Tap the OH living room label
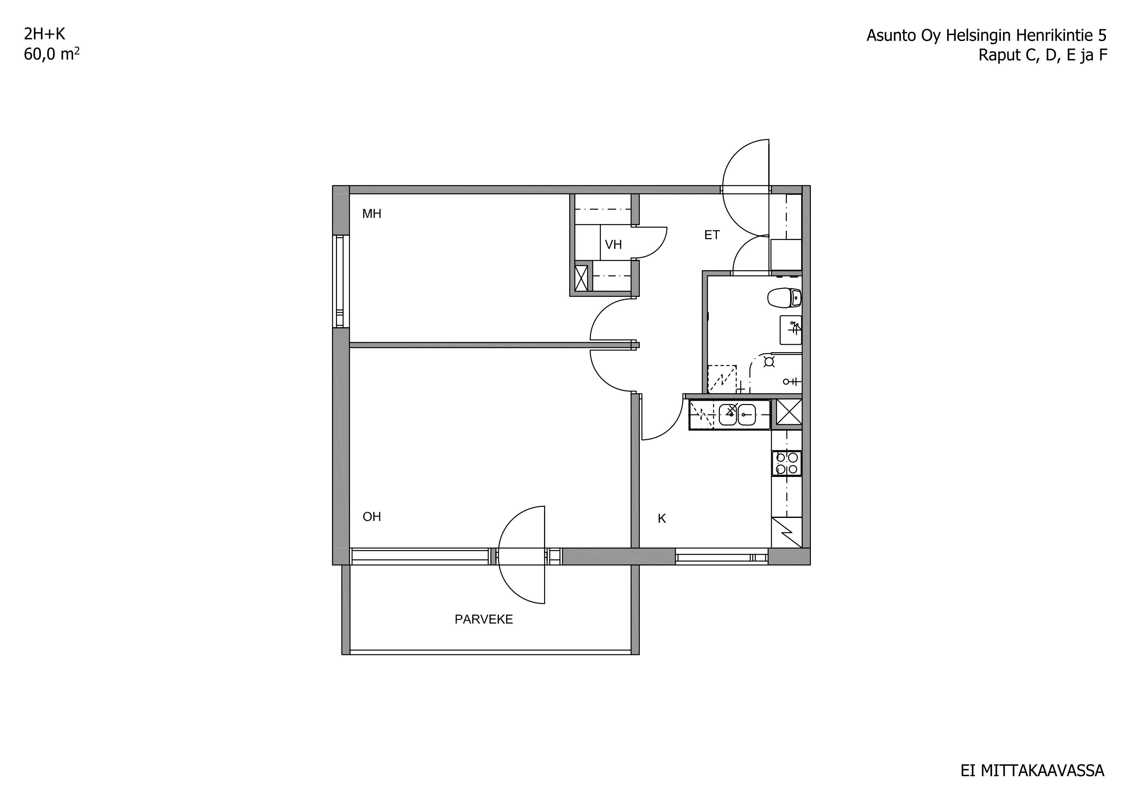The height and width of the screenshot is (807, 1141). [372, 517]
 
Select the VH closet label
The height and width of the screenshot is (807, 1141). [613, 244]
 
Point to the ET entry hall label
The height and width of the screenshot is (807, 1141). [712, 235]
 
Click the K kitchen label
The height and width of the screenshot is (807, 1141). [662, 519]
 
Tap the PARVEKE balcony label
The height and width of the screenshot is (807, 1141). [484, 619]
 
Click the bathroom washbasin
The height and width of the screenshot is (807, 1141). [791, 330]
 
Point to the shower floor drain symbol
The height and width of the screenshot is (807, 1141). [769, 361]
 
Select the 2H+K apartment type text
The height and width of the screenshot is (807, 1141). [44, 34]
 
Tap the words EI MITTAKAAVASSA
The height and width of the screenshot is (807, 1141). [1032, 771]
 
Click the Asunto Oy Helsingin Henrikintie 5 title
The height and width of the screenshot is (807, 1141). [987, 35]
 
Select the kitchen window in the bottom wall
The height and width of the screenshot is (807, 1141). [721, 557]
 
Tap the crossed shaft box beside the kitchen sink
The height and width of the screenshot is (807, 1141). [789, 412]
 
